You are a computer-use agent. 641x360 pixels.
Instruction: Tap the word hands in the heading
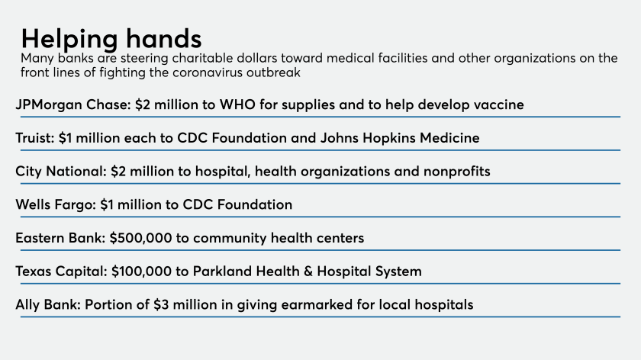tap(163, 38)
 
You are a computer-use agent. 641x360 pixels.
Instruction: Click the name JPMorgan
tap(49, 105)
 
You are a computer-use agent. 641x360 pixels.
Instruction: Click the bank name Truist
tap(35, 138)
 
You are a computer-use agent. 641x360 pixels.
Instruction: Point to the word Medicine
tap(449, 138)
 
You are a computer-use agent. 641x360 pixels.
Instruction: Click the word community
tap(230, 239)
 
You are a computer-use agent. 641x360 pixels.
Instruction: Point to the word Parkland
tap(220, 272)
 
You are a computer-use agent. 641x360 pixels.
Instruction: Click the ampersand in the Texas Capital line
tap(308, 272)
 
